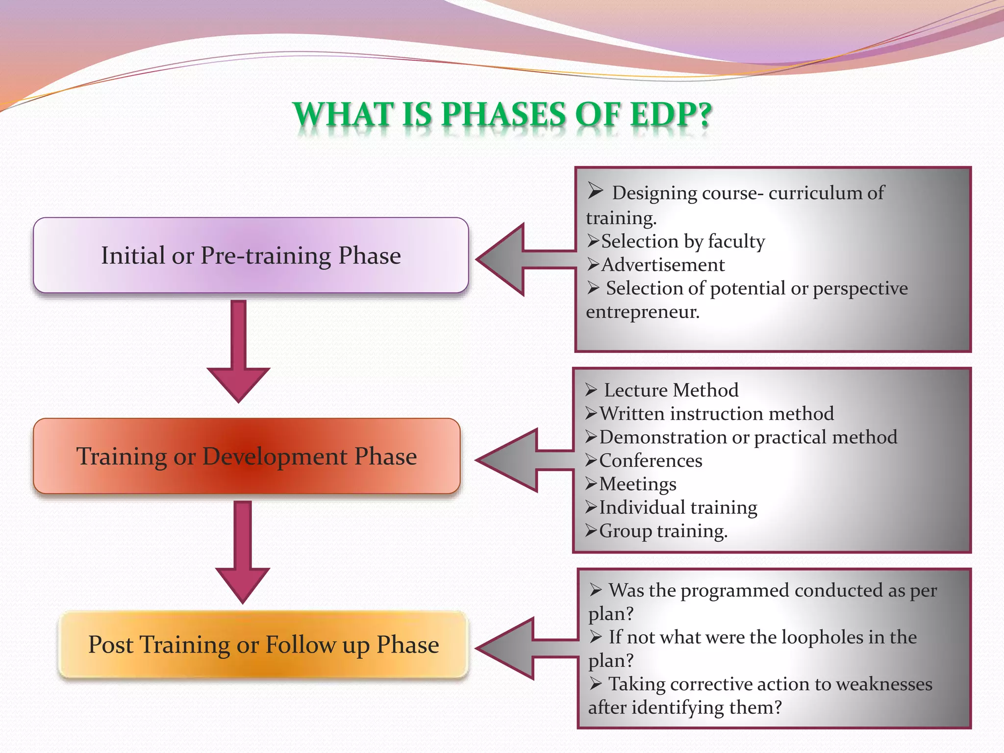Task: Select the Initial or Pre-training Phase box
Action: point(251,255)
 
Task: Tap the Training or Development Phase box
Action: point(247,456)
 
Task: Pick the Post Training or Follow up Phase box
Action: point(263,644)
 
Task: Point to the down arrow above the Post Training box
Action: point(243,552)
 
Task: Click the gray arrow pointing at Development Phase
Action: point(520,460)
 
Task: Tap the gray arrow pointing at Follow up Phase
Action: point(520,649)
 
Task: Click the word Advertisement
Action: point(663,265)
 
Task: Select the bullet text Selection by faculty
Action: point(683,241)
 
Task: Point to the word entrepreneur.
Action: point(642,312)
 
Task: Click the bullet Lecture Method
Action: point(671,390)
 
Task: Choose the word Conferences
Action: point(651,461)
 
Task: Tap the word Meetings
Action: point(637,484)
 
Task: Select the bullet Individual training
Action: point(678,507)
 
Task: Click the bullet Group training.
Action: point(663,531)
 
